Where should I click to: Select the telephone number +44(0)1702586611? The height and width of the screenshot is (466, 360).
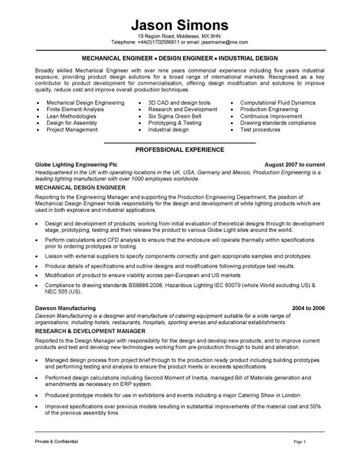coord(159,42)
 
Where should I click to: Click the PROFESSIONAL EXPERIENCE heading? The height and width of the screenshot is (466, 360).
coord(180,149)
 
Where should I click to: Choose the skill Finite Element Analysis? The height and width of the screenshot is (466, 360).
coord(75,109)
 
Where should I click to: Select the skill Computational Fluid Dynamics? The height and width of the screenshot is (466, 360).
coord(278,103)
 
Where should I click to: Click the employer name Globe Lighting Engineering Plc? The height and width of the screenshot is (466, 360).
coord(76,165)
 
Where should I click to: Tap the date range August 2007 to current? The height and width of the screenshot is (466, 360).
coord(294,165)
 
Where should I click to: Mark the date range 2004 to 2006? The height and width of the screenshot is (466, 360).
coord(308,308)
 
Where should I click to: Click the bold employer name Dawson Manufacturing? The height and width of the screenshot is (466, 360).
coord(65,308)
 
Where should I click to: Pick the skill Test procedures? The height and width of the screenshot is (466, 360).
coord(260,130)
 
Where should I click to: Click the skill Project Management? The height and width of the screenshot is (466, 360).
coord(72,130)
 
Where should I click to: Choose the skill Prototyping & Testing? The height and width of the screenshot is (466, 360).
coord(175,123)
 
